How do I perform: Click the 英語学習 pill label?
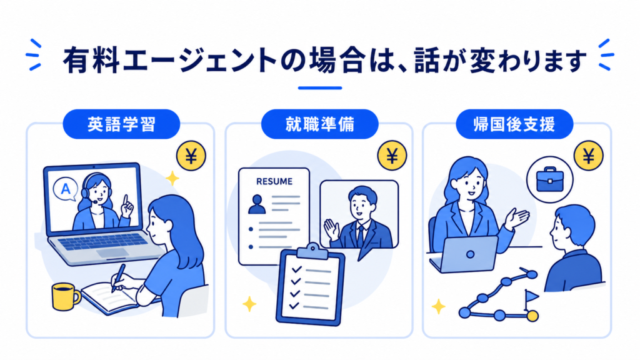click(121, 124)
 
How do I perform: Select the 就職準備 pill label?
click(319, 124)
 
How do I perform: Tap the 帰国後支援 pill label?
click(514, 124)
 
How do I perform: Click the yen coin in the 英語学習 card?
click(191, 156)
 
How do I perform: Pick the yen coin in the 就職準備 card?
click(392, 156)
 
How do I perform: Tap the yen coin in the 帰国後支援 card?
click(589, 156)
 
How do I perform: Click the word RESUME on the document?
click(274, 181)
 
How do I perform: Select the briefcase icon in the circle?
click(550, 179)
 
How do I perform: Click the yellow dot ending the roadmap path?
click(532, 316)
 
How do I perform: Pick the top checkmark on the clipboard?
click(296, 269)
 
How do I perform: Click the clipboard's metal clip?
click(312, 251)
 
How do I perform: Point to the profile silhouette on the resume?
click(257, 204)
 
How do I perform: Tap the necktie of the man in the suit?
click(361, 236)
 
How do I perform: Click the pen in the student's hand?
click(118, 277)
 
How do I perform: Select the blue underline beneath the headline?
click(320, 87)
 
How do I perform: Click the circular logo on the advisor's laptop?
click(470, 254)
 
